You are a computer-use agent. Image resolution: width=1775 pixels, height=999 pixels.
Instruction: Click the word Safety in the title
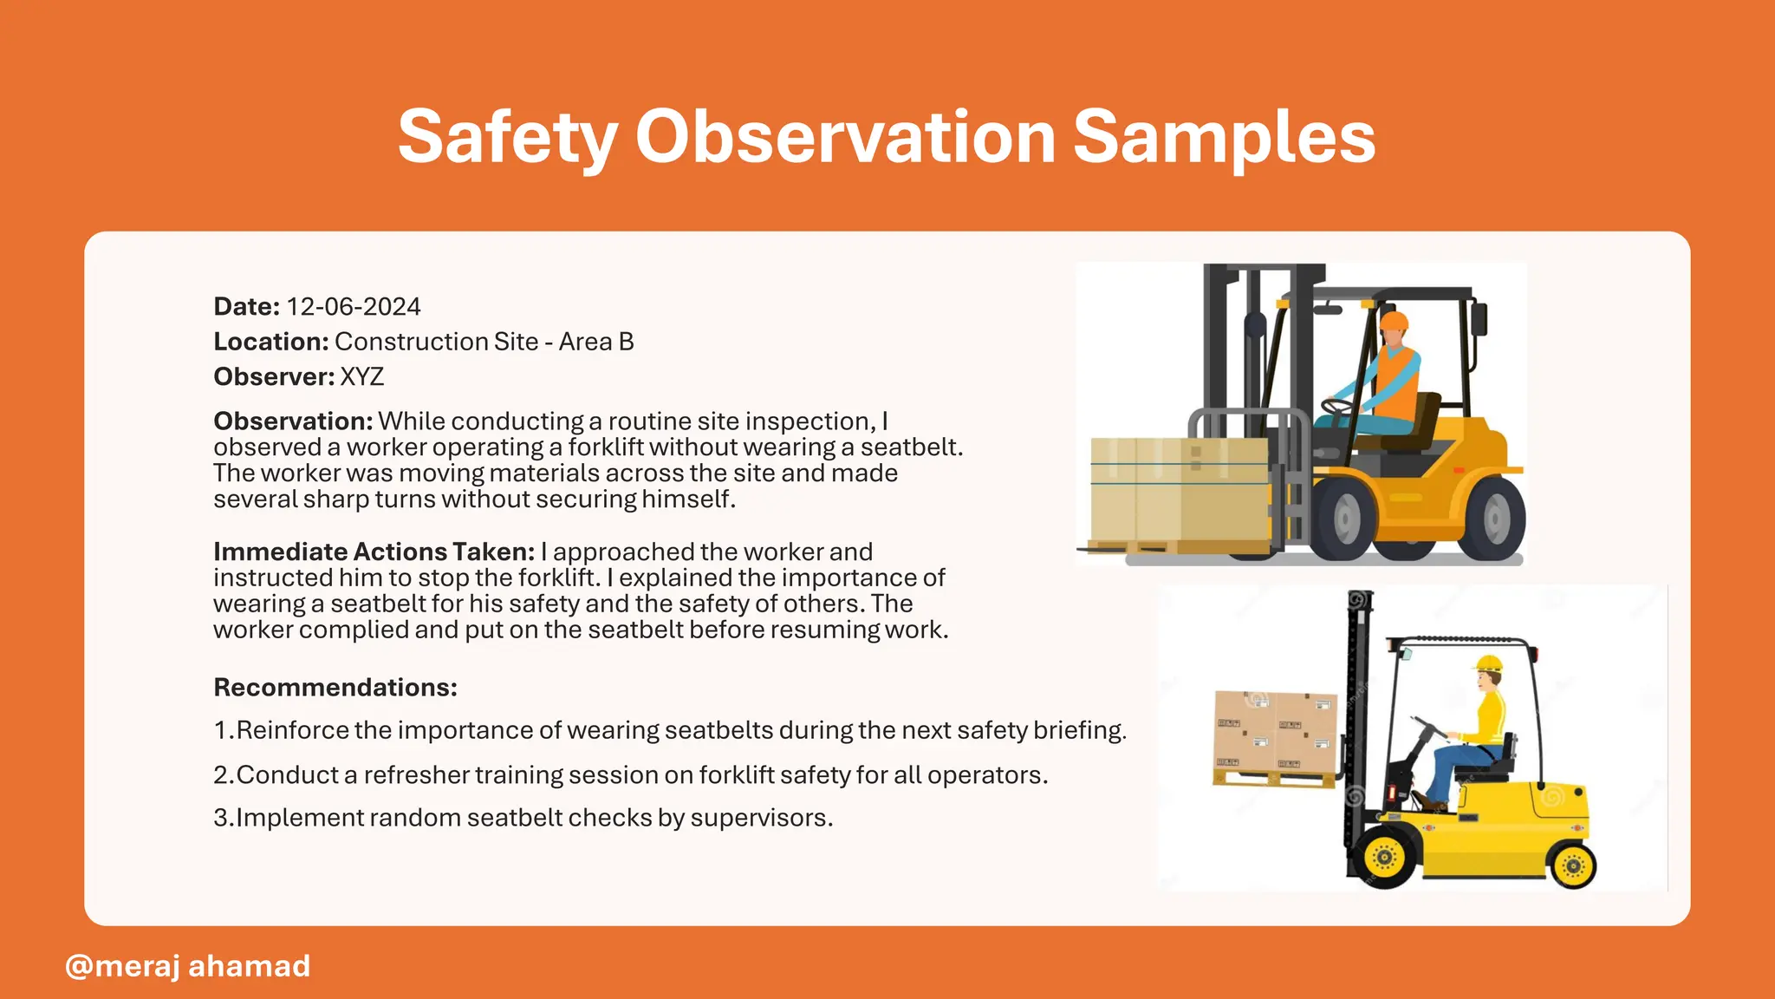point(507,137)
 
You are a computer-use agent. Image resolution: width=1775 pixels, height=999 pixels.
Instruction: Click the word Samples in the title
point(1224,137)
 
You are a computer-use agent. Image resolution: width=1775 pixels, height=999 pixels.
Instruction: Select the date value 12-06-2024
point(353,307)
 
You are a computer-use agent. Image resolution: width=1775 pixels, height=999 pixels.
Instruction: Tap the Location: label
point(270,342)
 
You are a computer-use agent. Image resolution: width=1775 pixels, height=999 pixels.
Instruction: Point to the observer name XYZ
point(361,377)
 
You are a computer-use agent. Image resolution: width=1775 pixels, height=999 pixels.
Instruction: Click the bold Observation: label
point(293,421)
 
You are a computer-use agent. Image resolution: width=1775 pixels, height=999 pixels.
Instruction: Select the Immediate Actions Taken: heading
point(374,552)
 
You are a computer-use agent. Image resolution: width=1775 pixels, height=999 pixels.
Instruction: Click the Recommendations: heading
point(335,688)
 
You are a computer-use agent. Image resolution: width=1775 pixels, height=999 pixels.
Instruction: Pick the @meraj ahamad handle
point(187,966)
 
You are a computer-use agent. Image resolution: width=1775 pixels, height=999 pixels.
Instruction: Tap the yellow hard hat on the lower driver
point(1488,663)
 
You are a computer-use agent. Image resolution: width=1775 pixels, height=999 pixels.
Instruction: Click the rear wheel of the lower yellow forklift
point(1573,865)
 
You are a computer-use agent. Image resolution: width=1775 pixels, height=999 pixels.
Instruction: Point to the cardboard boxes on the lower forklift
point(1275,733)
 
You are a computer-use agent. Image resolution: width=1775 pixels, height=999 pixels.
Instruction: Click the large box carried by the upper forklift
point(1179,490)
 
